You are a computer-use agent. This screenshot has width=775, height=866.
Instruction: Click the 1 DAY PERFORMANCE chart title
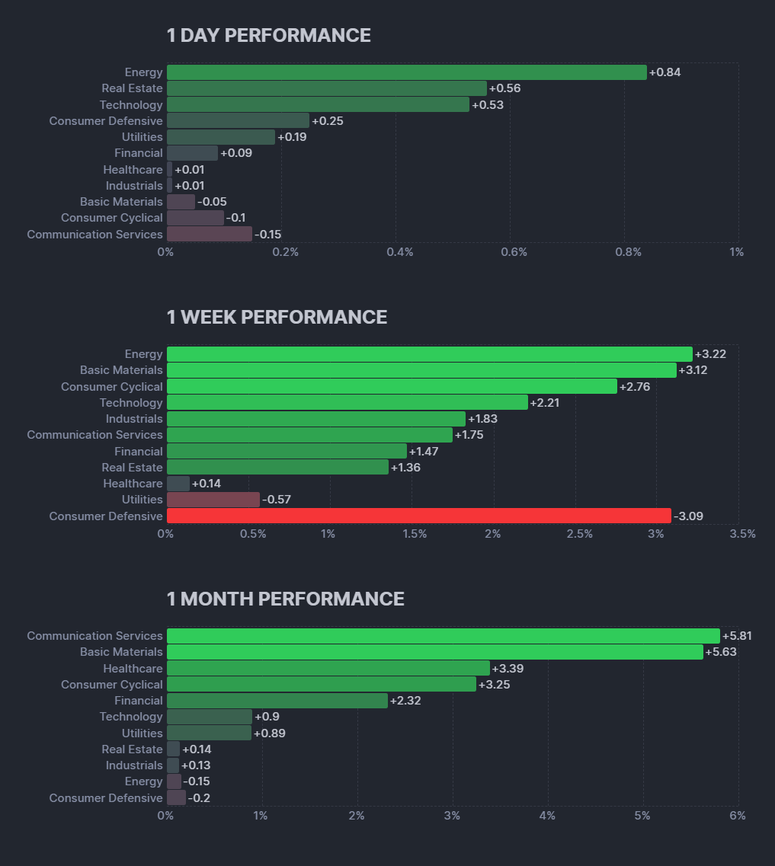tap(268, 36)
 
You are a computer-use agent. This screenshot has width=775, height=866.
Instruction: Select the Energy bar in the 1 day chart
tap(406, 72)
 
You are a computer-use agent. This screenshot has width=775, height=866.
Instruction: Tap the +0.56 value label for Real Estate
tap(505, 88)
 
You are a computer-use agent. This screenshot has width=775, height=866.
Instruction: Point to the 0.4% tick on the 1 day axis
tap(399, 252)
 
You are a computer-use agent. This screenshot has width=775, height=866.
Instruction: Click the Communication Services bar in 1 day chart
tap(210, 234)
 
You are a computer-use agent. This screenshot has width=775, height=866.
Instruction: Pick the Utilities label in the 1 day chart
tap(143, 137)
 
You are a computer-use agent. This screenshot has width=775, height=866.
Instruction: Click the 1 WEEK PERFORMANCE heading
tap(277, 318)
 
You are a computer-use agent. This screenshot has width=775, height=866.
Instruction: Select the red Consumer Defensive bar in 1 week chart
tap(418, 516)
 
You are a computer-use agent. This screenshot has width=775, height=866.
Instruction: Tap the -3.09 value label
tap(688, 516)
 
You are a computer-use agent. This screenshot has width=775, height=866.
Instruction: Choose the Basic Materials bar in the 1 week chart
tap(421, 370)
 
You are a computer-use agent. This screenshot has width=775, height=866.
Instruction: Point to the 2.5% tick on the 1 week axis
tap(579, 534)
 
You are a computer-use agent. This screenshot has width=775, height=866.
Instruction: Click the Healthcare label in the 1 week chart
tap(133, 484)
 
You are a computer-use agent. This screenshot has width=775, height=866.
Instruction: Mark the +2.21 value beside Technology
tap(545, 403)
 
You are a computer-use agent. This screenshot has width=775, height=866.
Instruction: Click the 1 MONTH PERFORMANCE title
tap(285, 599)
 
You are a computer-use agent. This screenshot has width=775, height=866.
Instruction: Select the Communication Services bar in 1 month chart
tap(443, 636)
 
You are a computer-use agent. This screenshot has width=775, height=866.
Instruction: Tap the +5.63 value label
tap(721, 652)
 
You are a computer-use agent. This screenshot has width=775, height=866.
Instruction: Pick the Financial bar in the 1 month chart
tap(277, 701)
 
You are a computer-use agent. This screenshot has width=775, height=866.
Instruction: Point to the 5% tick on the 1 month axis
tap(642, 816)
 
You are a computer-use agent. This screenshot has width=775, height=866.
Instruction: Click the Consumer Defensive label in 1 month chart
tap(106, 798)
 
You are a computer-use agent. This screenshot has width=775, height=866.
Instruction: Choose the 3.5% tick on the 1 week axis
tap(742, 534)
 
